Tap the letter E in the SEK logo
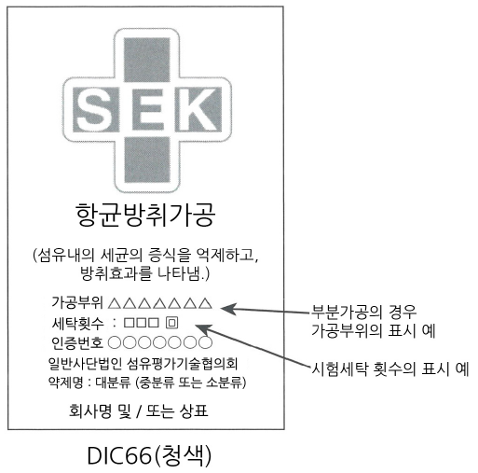[149, 110]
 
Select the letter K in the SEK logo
[198, 110]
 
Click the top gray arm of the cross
[147, 60]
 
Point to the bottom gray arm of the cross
[147, 160]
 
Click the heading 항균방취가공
[145, 215]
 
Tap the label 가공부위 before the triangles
[77, 302]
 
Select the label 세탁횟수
[77, 324]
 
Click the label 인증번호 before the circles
[77, 342]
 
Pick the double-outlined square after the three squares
[171, 323]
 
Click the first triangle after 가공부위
[115, 303]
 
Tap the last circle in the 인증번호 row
[206, 342]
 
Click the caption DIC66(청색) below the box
[149, 456]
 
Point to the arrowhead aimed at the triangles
[228, 308]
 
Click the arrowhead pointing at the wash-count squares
[203, 328]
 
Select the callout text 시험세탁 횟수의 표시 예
[390, 369]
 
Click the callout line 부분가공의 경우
[364, 313]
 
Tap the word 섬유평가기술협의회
[183, 363]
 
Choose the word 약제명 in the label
[65, 383]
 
